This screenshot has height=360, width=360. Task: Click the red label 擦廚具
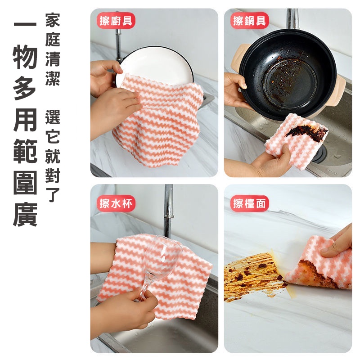pos(116,20)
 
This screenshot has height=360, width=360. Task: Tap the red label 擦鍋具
pos(249,20)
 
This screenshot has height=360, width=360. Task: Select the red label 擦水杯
pos(116,203)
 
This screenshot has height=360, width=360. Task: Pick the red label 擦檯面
pos(249,203)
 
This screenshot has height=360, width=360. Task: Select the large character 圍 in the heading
pos(25,182)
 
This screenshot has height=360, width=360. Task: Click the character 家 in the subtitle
pos(53,20)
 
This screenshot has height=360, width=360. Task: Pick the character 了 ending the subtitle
pos(53,195)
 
